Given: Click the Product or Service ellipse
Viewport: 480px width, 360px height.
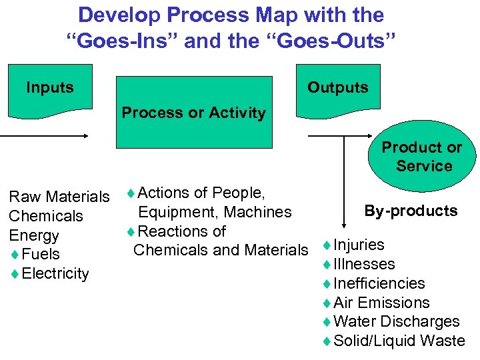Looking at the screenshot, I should pyautogui.click(x=423, y=157).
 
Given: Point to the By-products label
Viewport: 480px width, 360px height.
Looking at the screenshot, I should pyautogui.click(x=411, y=211).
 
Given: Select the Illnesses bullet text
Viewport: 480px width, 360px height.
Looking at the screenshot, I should pyautogui.click(x=364, y=264).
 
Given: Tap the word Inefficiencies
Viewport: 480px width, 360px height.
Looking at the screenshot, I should pyautogui.click(x=379, y=283).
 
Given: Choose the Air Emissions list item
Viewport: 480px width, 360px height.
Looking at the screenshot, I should pyautogui.click(x=381, y=303).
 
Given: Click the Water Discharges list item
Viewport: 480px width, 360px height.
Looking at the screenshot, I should pyautogui.click(x=396, y=321).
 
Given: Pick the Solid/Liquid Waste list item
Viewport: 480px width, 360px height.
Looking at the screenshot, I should pyautogui.click(x=399, y=341).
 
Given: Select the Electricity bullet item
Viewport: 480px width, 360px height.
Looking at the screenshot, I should pyautogui.click(x=55, y=273).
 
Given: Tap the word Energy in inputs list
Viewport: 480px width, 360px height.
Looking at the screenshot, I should pyautogui.click(x=33, y=235).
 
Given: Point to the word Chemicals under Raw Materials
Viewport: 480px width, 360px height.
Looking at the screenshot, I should pyautogui.click(x=45, y=216).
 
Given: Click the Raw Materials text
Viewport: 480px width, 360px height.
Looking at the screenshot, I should pyautogui.click(x=59, y=197).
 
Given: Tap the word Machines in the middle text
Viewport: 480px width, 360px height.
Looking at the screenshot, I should pyautogui.click(x=258, y=212).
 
